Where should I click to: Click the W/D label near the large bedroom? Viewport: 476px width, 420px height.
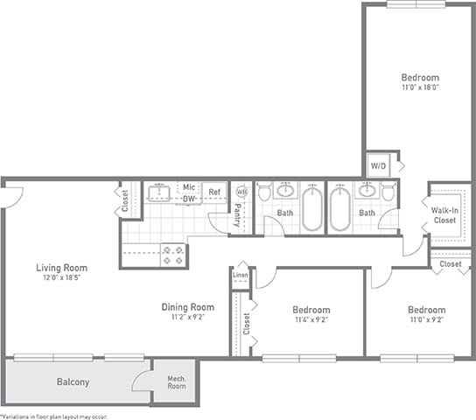click(378, 165)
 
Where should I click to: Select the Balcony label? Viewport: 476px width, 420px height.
click(74, 382)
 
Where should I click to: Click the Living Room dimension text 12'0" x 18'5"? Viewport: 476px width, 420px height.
click(62, 277)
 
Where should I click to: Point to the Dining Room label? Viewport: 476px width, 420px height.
click(188, 307)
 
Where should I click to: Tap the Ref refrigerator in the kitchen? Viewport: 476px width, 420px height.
click(213, 192)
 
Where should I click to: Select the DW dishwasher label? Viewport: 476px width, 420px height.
click(188, 199)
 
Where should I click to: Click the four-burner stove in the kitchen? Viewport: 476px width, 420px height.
click(172, 255)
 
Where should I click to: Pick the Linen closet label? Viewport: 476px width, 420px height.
click(240, 276)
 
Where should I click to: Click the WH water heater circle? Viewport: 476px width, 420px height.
click(241, 191)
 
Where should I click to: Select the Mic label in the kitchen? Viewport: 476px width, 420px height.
click(188, 186)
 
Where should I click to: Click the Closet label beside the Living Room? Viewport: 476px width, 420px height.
click(125, 202)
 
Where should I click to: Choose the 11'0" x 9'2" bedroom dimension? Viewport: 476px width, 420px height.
click(426, 320)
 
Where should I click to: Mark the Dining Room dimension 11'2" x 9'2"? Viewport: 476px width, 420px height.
click(188, 318)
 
